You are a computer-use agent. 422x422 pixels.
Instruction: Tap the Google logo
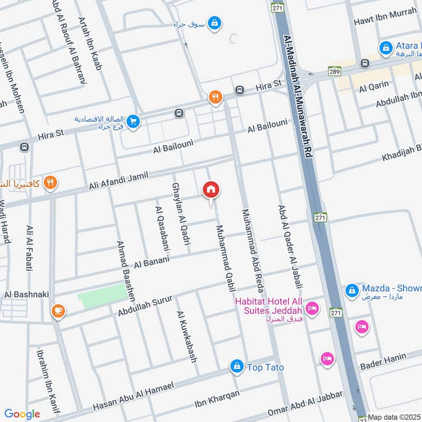22,414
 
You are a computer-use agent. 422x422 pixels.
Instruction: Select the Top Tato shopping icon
237,366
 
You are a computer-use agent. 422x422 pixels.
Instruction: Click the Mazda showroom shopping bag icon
352,290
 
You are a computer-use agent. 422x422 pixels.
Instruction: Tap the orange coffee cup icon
57,311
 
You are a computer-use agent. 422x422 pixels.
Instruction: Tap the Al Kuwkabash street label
187,337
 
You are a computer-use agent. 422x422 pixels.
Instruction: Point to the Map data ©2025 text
394,417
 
